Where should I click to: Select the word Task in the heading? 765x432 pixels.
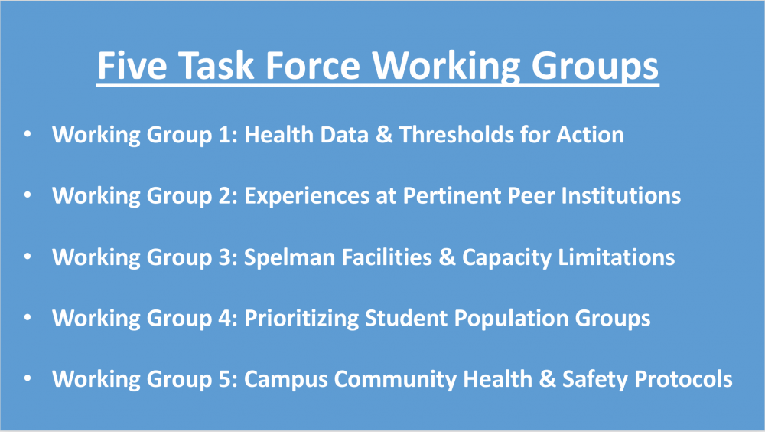point(216,65)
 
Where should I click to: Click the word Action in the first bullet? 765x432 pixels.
point(591,134)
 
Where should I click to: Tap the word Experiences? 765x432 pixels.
point(307,196)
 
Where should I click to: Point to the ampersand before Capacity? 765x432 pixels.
point(447,257)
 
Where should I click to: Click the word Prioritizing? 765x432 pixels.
point(301,319)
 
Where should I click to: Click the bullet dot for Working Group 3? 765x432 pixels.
point(28,256)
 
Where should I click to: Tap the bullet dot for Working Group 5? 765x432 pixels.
point(28,378)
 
